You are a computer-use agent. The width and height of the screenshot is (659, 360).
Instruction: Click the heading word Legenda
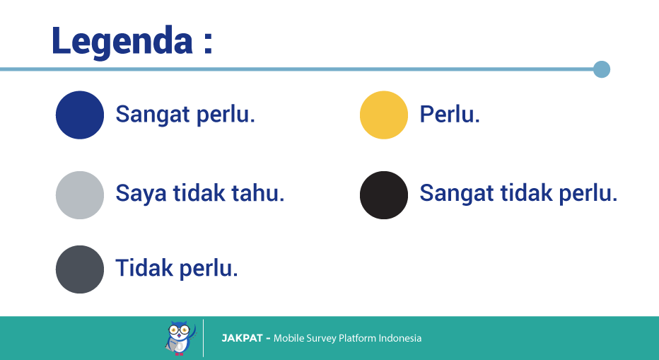[122, 42]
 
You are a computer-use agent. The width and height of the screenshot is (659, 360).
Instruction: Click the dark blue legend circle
[80, 115]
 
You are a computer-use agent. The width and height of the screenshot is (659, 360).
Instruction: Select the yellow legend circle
[384, 115]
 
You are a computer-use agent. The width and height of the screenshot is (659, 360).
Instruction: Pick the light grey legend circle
[80, 195]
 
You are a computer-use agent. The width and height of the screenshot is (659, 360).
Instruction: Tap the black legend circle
[384, 195]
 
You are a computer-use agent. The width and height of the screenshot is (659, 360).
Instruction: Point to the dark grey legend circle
[80, 269]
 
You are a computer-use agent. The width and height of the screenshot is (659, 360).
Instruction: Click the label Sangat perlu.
[185, 115]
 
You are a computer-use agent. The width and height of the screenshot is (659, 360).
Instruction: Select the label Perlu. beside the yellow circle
[450, 114]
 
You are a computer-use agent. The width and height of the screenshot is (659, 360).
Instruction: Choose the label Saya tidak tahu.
[200, 194]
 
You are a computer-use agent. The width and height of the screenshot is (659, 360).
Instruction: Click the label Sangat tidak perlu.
[518, 194]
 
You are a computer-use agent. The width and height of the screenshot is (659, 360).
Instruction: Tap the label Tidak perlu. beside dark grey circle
[177, 269]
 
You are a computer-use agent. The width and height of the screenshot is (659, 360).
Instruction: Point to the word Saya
[141, 194]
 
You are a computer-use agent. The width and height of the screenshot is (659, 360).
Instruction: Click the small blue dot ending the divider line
[602, 69]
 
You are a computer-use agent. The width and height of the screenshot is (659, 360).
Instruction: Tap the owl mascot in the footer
[181, 338]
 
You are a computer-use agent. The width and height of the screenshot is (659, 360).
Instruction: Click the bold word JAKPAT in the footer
[242, 338]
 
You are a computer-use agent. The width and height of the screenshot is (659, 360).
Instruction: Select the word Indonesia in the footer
[400, 338]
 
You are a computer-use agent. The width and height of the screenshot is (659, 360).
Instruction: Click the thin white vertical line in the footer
[204, 338]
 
